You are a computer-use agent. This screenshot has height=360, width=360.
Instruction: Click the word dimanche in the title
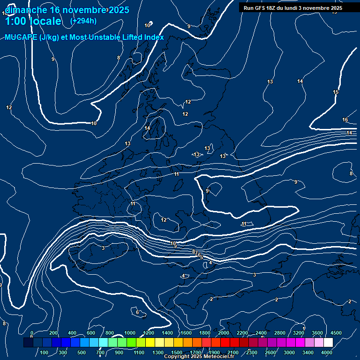pos(25,10)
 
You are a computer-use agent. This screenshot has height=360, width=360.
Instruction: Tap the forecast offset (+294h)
pos(83,21)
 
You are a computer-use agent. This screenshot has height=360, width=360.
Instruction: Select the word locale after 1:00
pos(45,21)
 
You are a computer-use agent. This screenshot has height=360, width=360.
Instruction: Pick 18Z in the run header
pos(274,8)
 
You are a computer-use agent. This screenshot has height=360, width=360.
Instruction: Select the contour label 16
pos(345,120)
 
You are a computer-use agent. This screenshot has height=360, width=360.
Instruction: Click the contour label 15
pos(336,92)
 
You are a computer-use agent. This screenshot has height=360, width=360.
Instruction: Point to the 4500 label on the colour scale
pos(336,332)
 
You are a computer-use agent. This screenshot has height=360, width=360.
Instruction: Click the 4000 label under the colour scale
pos(327,352)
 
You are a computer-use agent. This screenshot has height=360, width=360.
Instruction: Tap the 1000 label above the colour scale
pos(130,332)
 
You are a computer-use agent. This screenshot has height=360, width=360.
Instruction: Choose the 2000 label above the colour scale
pos(224,332)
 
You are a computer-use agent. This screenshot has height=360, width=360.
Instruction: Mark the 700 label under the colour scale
pos(100,352)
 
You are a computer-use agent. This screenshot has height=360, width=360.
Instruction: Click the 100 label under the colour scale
pos(44,352)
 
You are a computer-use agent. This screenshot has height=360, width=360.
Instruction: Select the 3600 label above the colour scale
pos(317,332)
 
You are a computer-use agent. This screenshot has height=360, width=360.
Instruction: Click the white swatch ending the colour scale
pos(328,343)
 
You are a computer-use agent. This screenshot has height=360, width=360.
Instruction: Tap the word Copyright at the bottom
pos(177,357)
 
